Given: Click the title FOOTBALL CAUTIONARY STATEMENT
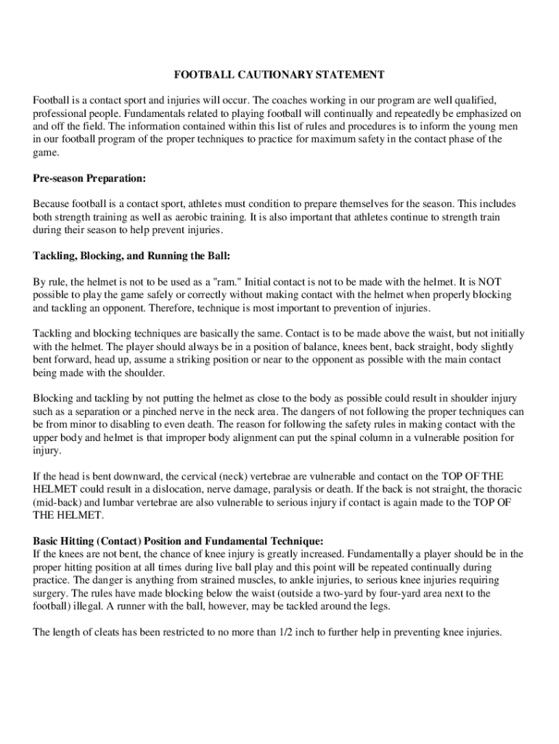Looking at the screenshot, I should pos(279,75).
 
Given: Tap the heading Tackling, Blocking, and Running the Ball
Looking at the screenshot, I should pos(131,256).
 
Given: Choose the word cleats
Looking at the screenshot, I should pos(99,632).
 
